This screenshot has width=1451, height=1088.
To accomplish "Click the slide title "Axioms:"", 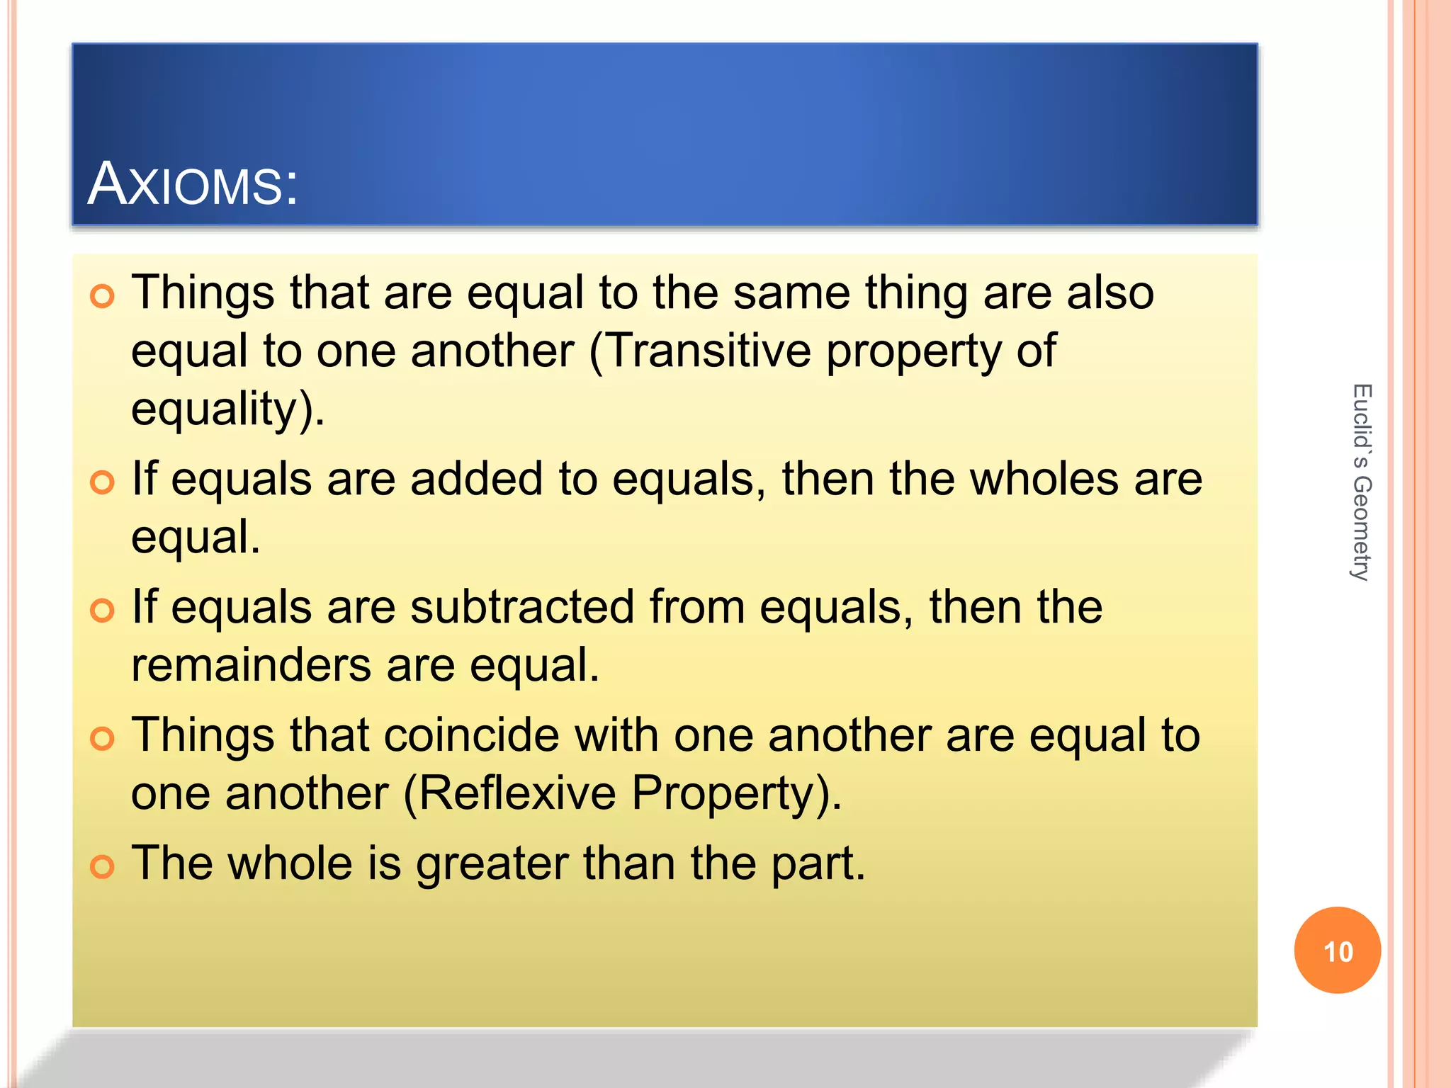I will [x=193, y=184].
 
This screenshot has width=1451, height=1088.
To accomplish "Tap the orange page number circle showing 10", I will [x=1337, y=950].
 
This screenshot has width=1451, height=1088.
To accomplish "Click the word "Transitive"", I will [x=709, y=351].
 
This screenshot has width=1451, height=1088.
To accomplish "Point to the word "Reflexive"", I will [x=518, y=793].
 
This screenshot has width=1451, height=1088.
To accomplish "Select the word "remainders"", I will [x=251, y=665].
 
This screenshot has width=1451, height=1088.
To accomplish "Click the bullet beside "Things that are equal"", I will [x=103, y=296].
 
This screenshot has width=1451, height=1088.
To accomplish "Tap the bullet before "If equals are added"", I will [x=103, y=482].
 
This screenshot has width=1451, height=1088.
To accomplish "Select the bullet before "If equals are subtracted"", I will [x=103, y=611].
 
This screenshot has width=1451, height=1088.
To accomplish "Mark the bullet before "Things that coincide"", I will [x=103, y=739].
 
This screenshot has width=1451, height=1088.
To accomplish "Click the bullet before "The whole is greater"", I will [x=103, y=866].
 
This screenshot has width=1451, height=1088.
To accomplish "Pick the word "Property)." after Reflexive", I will [x=737, y=793].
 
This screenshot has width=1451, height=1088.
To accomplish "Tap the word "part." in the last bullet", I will [x=818, y=865].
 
